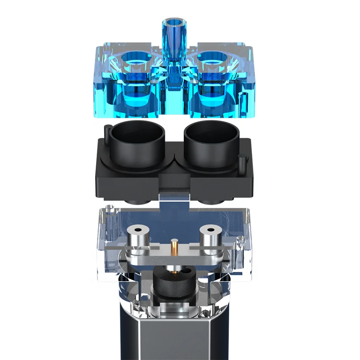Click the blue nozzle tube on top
(x=174, y=38)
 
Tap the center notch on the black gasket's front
(x=174, y=186)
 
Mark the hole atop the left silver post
(x=137, y=230)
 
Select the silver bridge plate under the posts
(x=174, y=259)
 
